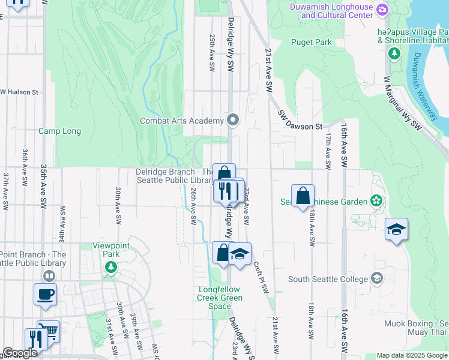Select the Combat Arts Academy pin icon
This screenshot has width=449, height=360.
[233, 121]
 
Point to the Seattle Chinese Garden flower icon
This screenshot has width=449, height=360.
[376, 200]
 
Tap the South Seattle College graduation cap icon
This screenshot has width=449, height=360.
[376, 278]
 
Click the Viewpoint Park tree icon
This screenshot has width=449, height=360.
[110, 268]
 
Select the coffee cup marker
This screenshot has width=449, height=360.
[46, 295]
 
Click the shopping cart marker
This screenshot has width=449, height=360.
[49, 331]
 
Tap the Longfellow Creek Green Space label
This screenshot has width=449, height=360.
[220, 298]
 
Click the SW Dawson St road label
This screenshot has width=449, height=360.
[300, 120]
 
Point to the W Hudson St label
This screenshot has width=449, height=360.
[19, 92]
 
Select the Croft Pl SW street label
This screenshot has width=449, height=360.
[261, 277]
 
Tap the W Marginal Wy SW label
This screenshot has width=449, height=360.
[402, 101]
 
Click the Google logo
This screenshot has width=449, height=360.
[20, 353]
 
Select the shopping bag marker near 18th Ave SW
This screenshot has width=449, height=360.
[304, 196]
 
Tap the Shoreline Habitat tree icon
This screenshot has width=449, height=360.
[394, 54]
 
